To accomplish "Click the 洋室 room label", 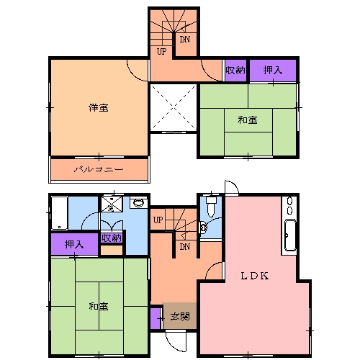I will [x=99, y=108].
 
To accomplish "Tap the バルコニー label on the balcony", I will [x=99, y=171].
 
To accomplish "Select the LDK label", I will [x=254, y=274].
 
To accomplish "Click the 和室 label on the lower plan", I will [x=99, y=307].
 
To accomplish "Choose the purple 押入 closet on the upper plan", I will [x=272, y=70].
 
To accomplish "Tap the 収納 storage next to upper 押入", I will [x=235, y=70].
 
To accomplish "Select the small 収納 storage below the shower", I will [x=112, y=238].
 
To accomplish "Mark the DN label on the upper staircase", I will [x=184, y=40].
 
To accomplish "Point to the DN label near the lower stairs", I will [x=184, y=247].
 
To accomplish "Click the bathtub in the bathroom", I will [x=59, y=212].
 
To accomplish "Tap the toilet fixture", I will [x=210, y=207].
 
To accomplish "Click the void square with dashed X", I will [x=174, y=107].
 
